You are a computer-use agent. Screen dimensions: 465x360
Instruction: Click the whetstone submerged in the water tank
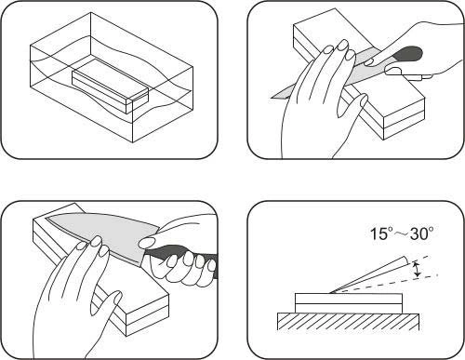point(110,86)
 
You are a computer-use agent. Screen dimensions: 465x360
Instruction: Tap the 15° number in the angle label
point(381,233)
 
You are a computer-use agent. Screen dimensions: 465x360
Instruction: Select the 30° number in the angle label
point(421,233)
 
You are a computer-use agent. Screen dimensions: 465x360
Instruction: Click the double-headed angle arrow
point(418,269)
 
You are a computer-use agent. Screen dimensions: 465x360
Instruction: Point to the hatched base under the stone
point(348,322)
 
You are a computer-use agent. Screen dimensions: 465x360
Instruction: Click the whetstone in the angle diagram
point(349,303)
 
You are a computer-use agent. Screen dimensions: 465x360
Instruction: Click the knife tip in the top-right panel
point(272,98)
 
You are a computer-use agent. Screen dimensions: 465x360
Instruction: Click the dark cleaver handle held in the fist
point(183,254)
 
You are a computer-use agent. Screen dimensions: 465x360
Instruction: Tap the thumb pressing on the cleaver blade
point(149,242)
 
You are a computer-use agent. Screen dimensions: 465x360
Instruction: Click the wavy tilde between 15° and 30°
point(402,234)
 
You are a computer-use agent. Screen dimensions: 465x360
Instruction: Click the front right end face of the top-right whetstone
point(404,120)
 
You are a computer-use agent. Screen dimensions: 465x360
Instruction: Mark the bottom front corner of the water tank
point(133,142)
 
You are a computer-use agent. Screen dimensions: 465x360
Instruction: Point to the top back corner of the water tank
point(91,12)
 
